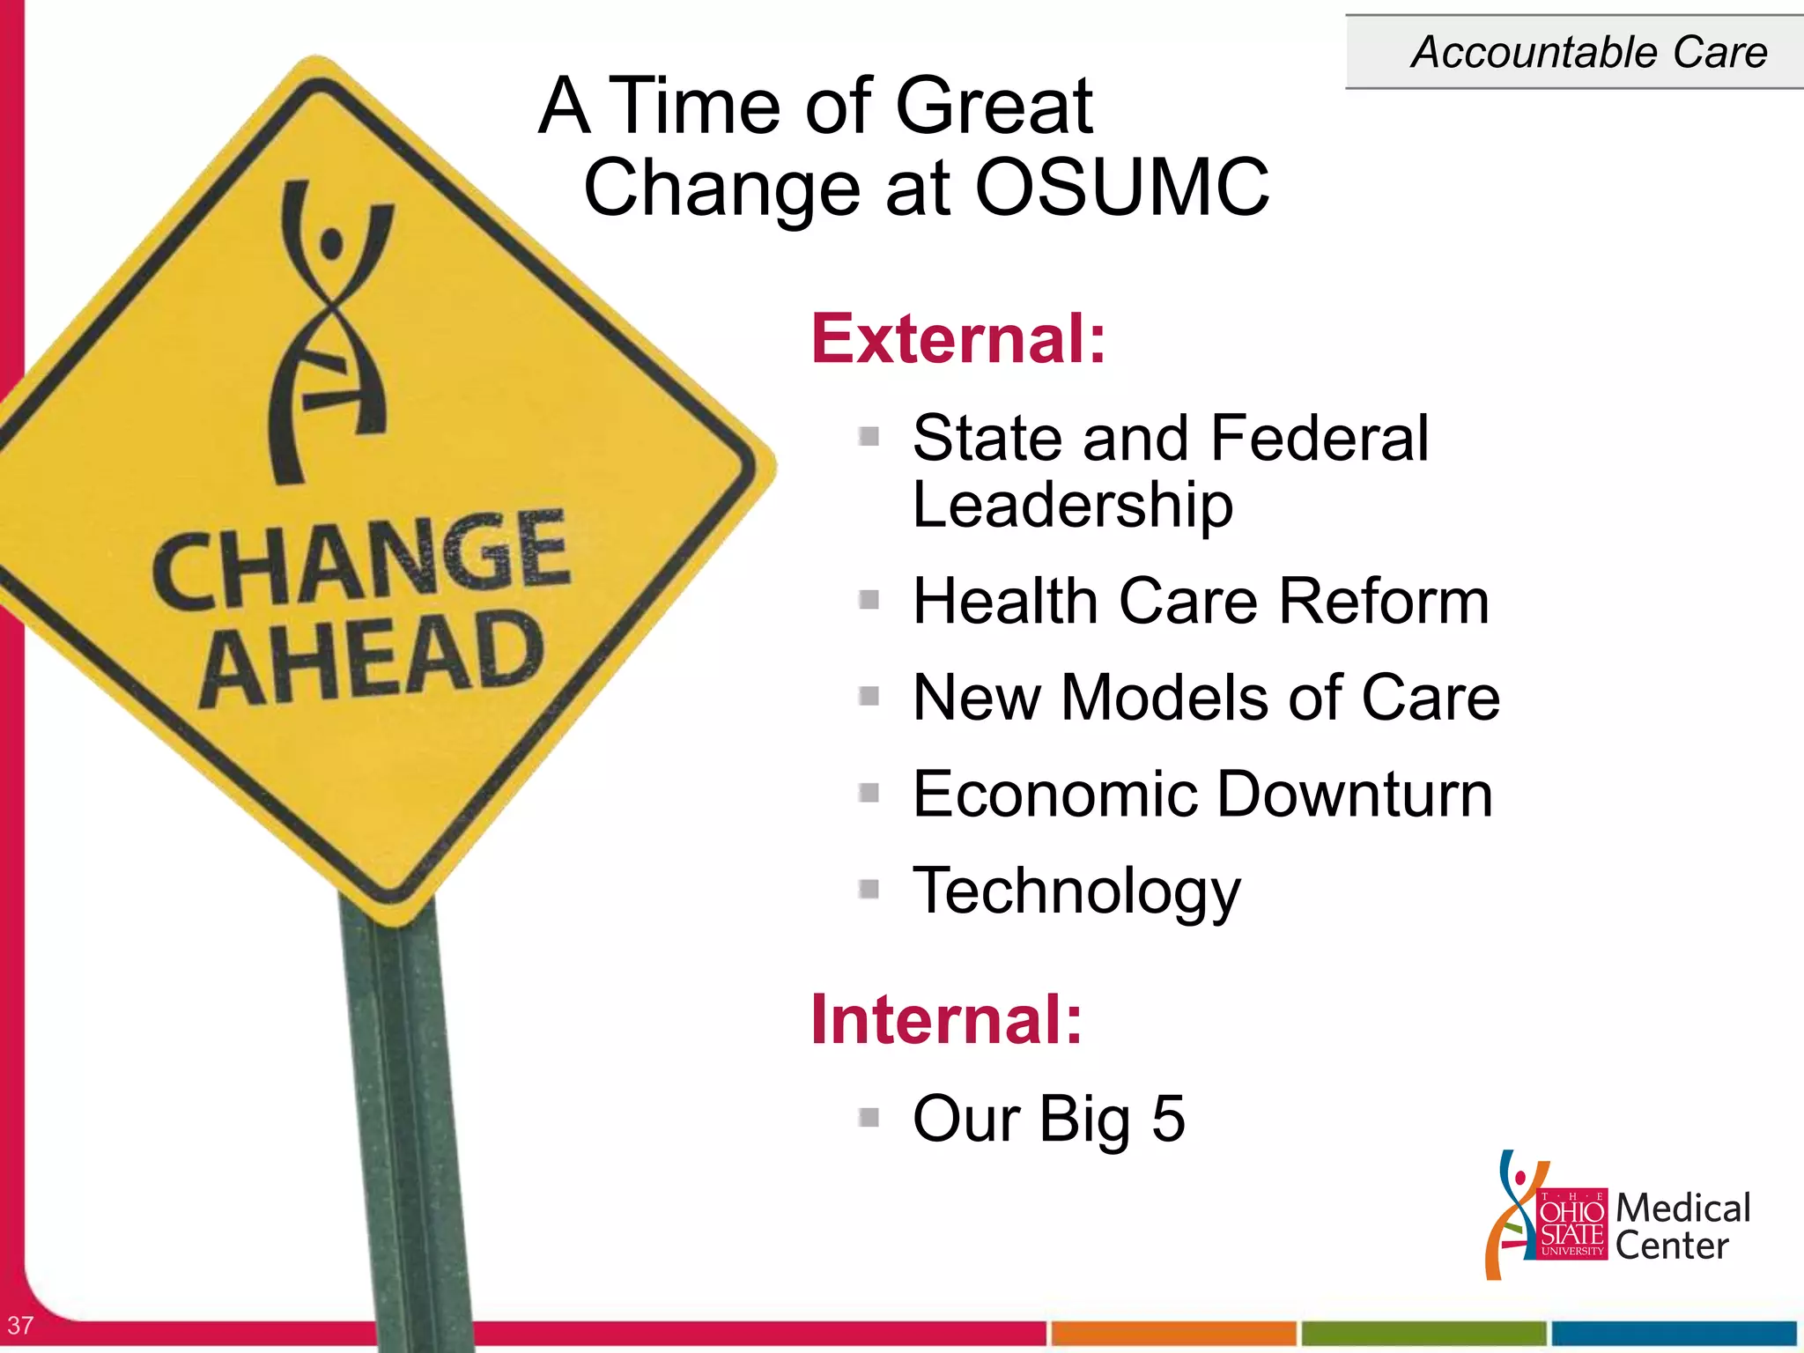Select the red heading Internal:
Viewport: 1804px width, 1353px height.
[x=946, y=1019]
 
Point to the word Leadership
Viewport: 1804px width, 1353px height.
[x=1072, y=506]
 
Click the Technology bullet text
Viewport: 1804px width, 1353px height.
[x=1076, y=891]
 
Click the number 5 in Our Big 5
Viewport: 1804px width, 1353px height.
[x=1168, y=1119]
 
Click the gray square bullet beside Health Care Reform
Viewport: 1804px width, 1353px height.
[x=869, y=601]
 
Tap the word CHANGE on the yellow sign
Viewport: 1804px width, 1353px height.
[x=361, y=559]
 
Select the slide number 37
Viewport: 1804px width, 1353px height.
[x=19, y=1325]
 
